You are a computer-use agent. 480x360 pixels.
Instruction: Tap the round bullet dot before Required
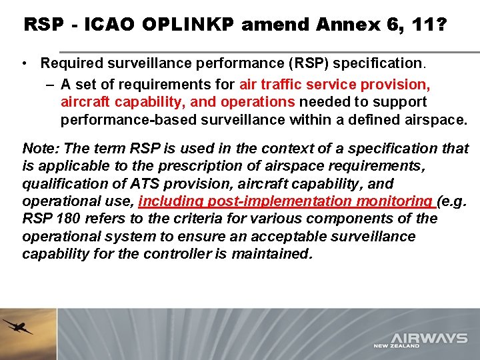(24, 63)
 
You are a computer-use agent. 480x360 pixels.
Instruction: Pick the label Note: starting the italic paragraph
(39, 148)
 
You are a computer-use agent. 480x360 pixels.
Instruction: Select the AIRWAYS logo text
(429, 339)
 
